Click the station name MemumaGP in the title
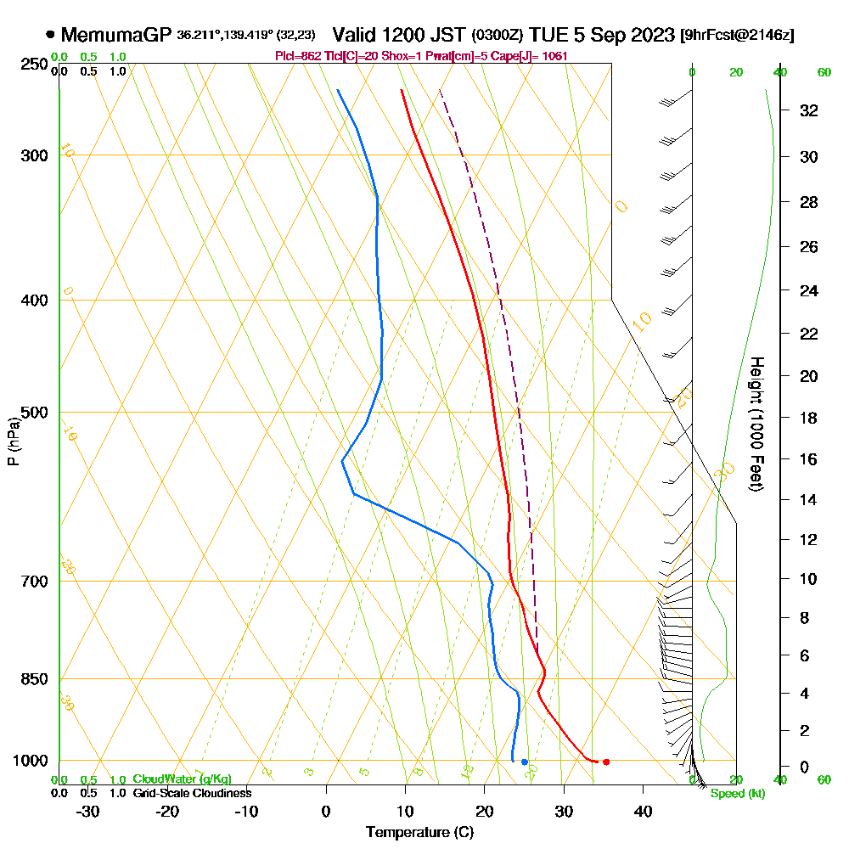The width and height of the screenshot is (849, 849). coord(117,35)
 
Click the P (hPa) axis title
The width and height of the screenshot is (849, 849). coord(13,441)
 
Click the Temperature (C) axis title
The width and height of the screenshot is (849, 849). coord(419,832)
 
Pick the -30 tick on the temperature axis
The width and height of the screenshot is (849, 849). coord(88,811)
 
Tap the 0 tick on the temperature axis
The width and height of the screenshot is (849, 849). coord(326,811)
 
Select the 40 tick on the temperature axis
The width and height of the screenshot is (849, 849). coord(643,811)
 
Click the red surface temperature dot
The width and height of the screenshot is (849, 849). coord(605,762)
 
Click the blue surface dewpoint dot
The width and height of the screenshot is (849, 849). coord(525,762)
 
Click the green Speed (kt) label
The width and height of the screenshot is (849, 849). coord(737,794)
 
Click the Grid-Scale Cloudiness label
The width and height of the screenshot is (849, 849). coord(192,793)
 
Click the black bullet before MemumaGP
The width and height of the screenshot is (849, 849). coord(51,35)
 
